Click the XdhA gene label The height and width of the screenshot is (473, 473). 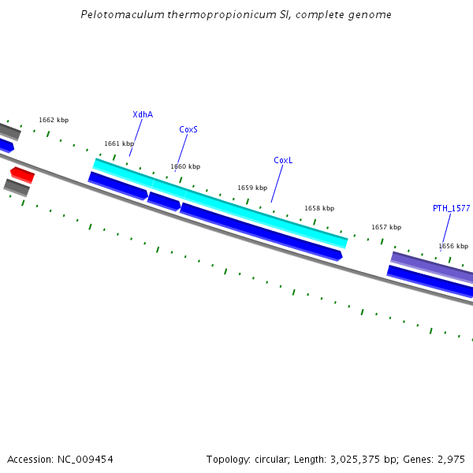[x=143, y=114]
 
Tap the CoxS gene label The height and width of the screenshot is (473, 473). [x=188, y=129]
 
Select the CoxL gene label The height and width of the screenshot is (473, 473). [x=283, y=160]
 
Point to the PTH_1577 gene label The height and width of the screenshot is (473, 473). [x=451, y=208]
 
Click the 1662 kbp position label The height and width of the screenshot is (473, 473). [x=54, y=120]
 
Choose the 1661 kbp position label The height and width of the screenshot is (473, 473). [x=119, y=143]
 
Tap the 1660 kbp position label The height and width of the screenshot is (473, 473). [x=185, y=166]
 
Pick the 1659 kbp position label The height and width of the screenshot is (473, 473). [x=252, y=188]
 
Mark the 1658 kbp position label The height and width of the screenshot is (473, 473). [x=319, y=208]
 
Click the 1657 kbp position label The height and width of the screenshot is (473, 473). [x=386, y=227]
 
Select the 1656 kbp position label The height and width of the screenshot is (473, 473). [x=453, y=246]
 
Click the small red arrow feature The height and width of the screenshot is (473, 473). [x=22, y=174]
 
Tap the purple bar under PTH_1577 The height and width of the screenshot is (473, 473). [x=432, y=266]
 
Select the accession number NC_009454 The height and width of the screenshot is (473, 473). [x=85, y=459]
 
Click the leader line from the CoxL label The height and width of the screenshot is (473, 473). [x=277, y=183]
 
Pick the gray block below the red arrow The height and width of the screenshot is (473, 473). [x=17, y=188]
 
